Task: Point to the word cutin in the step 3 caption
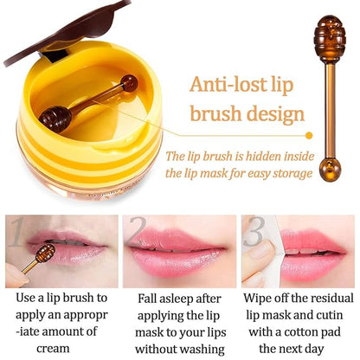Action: pyautogui.click(x=324, y=315)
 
